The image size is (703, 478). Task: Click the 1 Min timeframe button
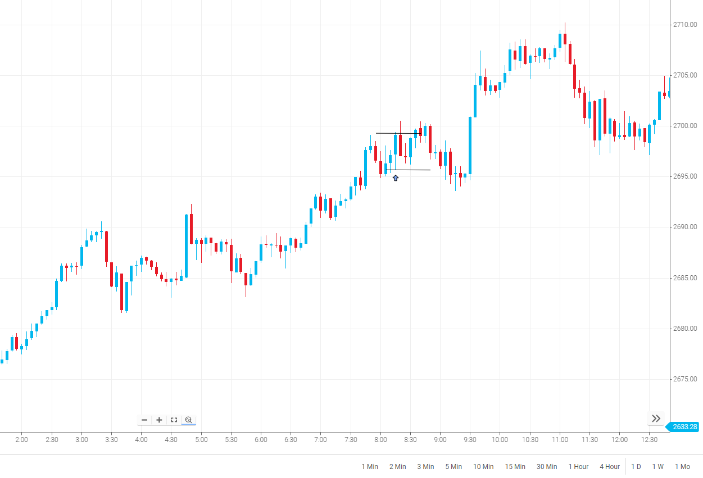(370, 467)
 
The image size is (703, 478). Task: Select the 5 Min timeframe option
(453, 467)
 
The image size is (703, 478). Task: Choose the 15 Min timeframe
(515, 467)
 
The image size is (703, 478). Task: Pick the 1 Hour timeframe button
(578, 467)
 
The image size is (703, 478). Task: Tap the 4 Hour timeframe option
(610, 467)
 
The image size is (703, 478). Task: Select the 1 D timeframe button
(636, 467)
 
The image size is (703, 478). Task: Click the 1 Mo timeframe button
(682, 467)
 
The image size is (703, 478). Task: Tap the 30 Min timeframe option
(547, 467)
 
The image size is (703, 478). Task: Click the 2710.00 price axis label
(685, 25)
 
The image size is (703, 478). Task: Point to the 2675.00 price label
(685, 379)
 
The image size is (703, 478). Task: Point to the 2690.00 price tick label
(685, 227)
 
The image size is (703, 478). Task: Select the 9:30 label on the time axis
(469, 440)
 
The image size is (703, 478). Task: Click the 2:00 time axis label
(21, 440)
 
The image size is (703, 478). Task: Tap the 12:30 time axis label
(649, 440)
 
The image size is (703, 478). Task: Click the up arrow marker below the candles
(396, 178)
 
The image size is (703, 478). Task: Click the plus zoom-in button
(159, 420)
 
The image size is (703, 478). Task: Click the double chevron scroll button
(656, 418)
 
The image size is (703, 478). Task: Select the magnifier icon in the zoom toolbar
(189, 420)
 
